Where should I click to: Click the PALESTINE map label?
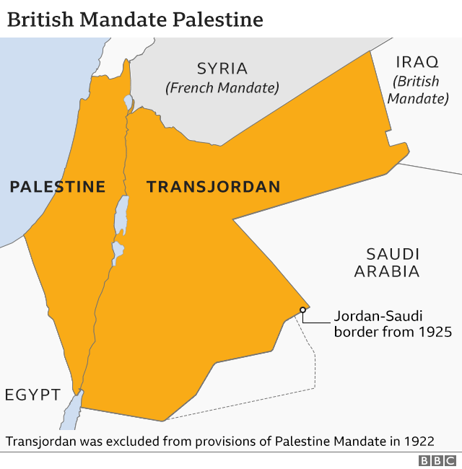(x=57, y=187)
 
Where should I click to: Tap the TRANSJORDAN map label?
(x=213, y=187)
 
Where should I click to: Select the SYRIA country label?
(x=222, y=69)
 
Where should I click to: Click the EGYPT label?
(x=32, y=395)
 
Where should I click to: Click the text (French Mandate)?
(x=222, y=88)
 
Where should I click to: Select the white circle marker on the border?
(x=303, y=310)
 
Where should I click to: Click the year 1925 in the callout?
(x=433, y=333)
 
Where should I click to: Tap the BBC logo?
(x=437, y=460)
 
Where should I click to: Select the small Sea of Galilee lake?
(x=128, y=102)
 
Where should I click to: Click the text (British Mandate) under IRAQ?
(x=417, y=89)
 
